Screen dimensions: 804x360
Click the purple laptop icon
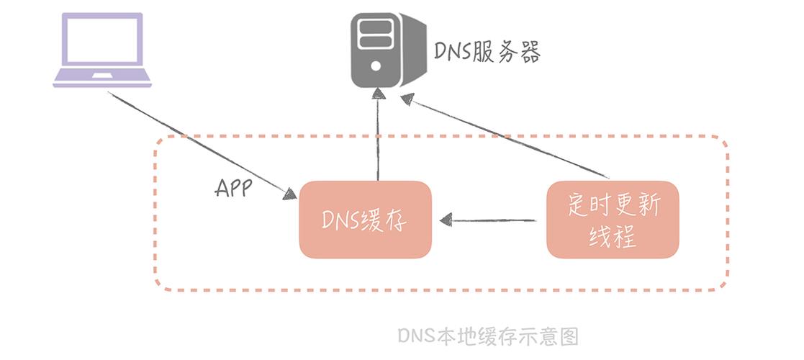[102, 50]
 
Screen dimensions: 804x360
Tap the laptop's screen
[102, 40]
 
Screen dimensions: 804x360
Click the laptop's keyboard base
[102, 77]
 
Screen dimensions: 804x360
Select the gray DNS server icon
[388, 50]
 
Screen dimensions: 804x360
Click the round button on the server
[376, 66]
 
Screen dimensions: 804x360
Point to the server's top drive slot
[376, 26]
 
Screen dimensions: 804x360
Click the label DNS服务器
[487, 53]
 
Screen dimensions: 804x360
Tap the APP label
[233, 189]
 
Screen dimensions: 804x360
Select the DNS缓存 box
[365, 220]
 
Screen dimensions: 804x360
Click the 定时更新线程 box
[613, 220]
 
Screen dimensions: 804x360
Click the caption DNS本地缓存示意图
[488, 336]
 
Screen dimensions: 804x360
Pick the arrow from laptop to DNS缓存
[202, 145]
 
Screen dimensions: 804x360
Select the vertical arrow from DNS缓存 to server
[379, 134]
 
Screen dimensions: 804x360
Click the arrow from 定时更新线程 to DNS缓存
[488, 220]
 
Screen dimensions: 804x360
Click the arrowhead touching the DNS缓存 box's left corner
[289, 194]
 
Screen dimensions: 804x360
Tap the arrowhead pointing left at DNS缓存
[446, 220]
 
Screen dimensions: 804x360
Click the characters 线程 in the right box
[613, 238]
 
